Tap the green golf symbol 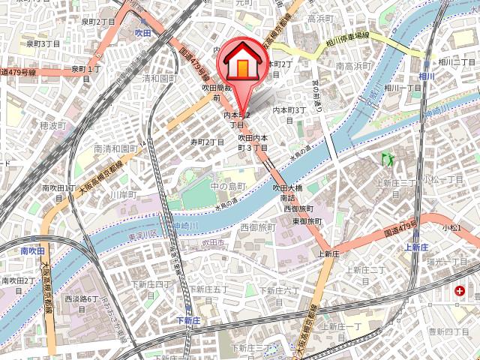point(388,159)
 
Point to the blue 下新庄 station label point(189,320)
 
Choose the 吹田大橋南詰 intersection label point(288,192)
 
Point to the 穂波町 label point(53,124)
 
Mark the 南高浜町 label point(352,67)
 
